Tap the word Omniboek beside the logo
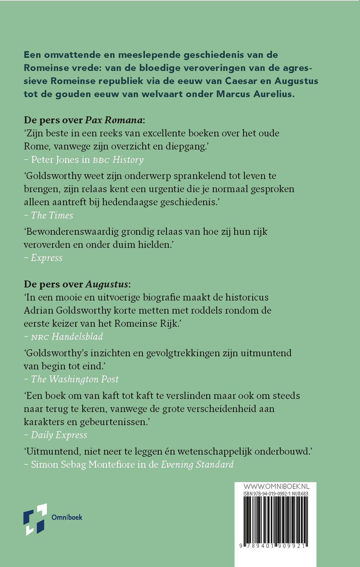[x=67, y=517]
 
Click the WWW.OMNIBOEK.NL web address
[x=276, y=487]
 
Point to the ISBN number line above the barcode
[x=276, y=494]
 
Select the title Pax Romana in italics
[x=114, y=120]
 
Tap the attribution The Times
[x=52, y=215]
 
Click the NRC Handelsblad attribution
[x=67, y=337]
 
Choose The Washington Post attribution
[x=75, y=379]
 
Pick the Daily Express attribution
[x=59, y=435]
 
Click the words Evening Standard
[x=197, y=464]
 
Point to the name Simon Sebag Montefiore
[x=83, y=464]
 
